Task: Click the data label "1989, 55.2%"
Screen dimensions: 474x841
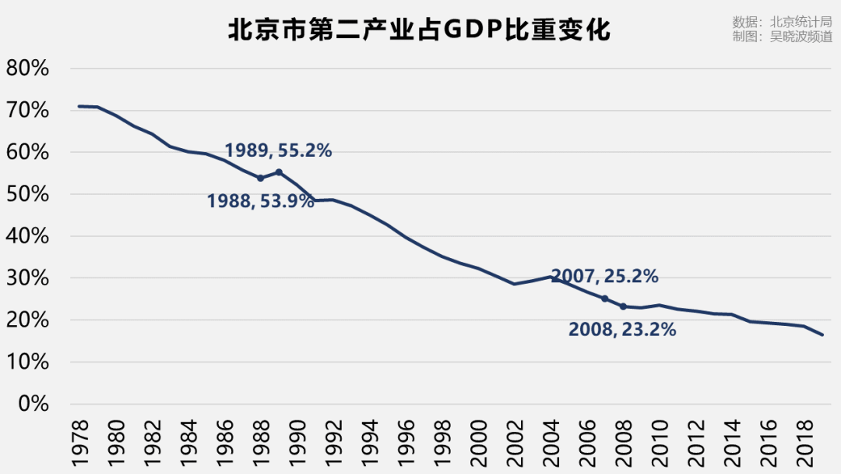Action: tap(278, 150)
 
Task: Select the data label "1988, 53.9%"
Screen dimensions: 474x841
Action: tap(260, 201)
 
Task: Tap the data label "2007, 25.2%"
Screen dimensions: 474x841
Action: tap(604, 276)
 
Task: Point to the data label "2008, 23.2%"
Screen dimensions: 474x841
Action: tap(622, 330)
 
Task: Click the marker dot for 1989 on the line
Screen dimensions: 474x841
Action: tap(279, 172)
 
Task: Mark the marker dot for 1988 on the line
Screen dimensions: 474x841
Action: tap(260, 178)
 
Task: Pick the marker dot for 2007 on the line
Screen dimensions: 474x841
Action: tap(604, 299)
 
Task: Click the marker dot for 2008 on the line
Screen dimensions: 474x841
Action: tap(623, 306)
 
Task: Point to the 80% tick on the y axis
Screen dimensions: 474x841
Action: tap(27, 69)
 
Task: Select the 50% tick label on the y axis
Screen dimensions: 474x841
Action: tap(27, 194)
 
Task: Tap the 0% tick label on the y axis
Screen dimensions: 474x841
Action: tap(33, 404)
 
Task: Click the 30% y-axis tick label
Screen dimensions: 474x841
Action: tap(27, 278)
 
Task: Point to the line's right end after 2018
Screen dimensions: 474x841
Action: tap(822, 335)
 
